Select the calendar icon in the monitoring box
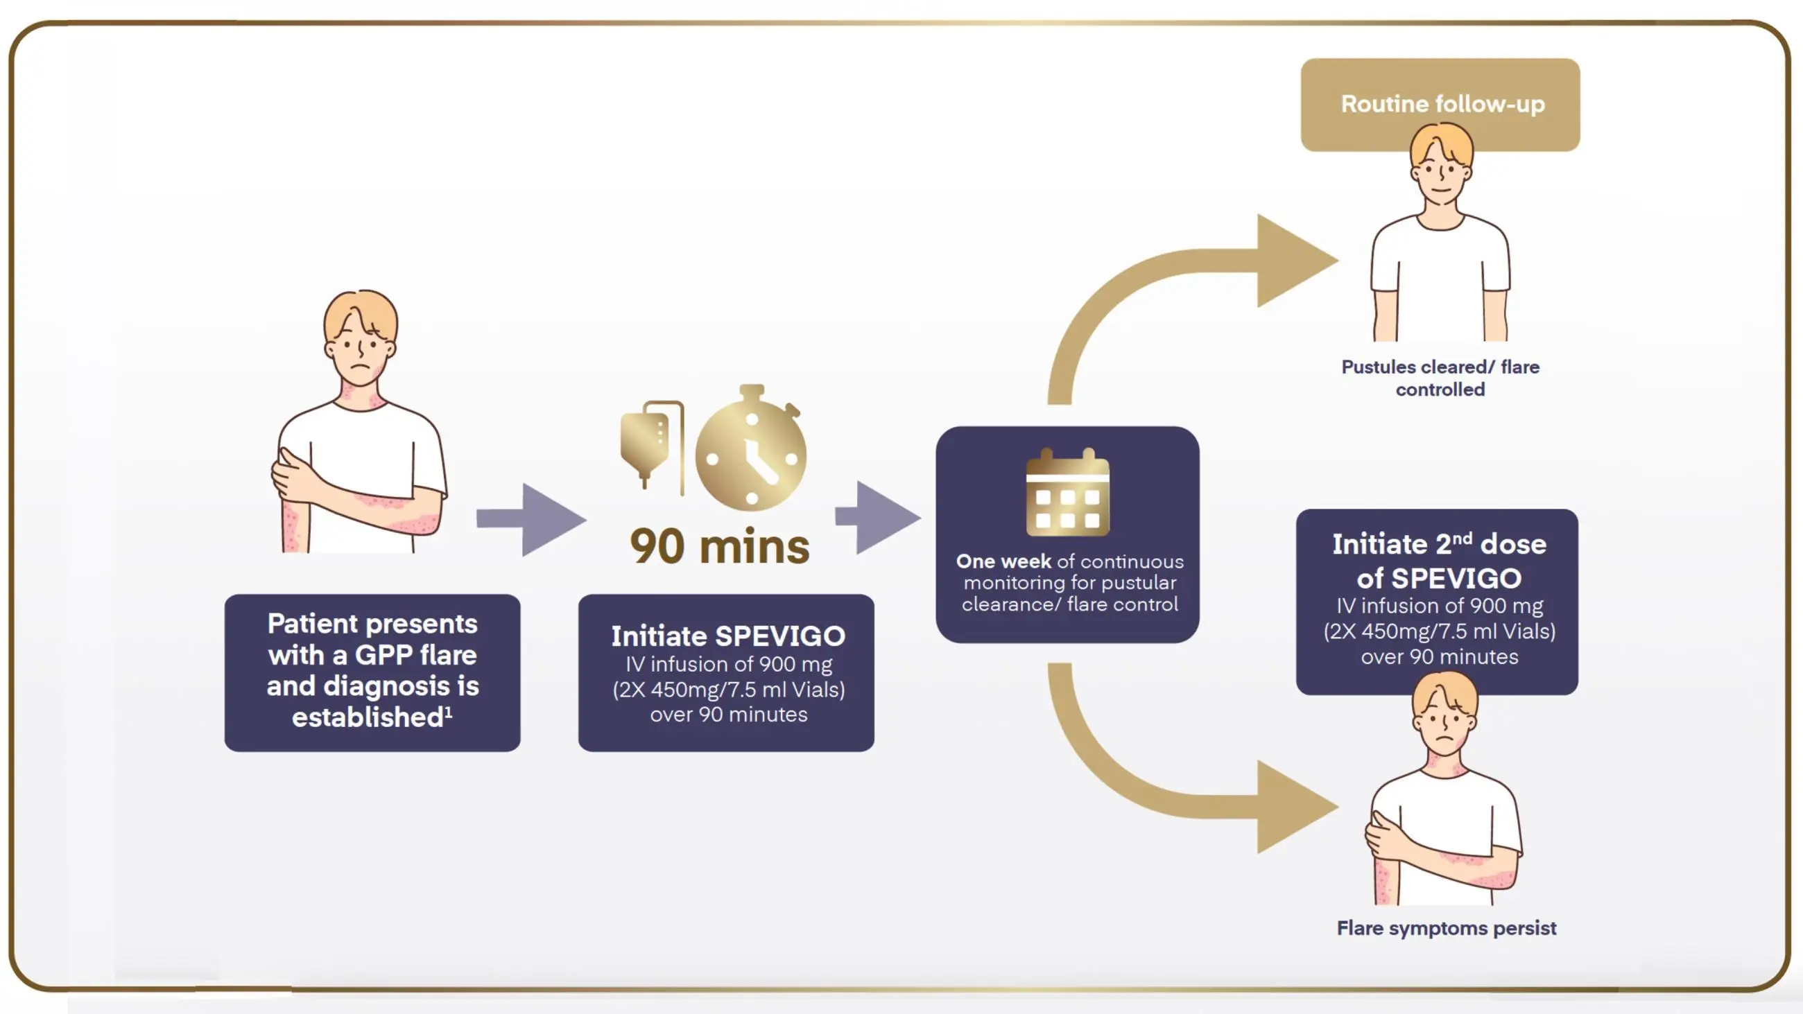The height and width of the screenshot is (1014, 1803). click(x=1067, y=493)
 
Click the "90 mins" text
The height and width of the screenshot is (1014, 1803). click(x=720, y=547)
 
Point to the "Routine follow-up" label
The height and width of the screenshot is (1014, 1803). click(x=1442, y=104)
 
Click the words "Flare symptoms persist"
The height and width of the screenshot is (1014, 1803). click(x=1446, y=928)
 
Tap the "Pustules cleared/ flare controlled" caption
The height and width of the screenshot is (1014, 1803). click(x=1440, y=378)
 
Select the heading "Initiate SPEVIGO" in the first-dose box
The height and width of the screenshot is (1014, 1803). click(x=728, y=636)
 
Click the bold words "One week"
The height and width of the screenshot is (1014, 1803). click(x=1003, y=561)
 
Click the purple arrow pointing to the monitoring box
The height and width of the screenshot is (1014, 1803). click(x=879, y=517)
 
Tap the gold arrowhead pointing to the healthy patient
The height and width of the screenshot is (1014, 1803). click(x=1295, y=261)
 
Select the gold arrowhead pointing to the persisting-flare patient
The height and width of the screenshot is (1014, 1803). click(x=1295, y=807)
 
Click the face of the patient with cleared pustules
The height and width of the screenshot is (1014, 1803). click(x=1441, y=171)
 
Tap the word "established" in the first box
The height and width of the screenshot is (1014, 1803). click(x=368, y=717)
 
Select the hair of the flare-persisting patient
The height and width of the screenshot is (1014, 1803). click(x=1444, y=693)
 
